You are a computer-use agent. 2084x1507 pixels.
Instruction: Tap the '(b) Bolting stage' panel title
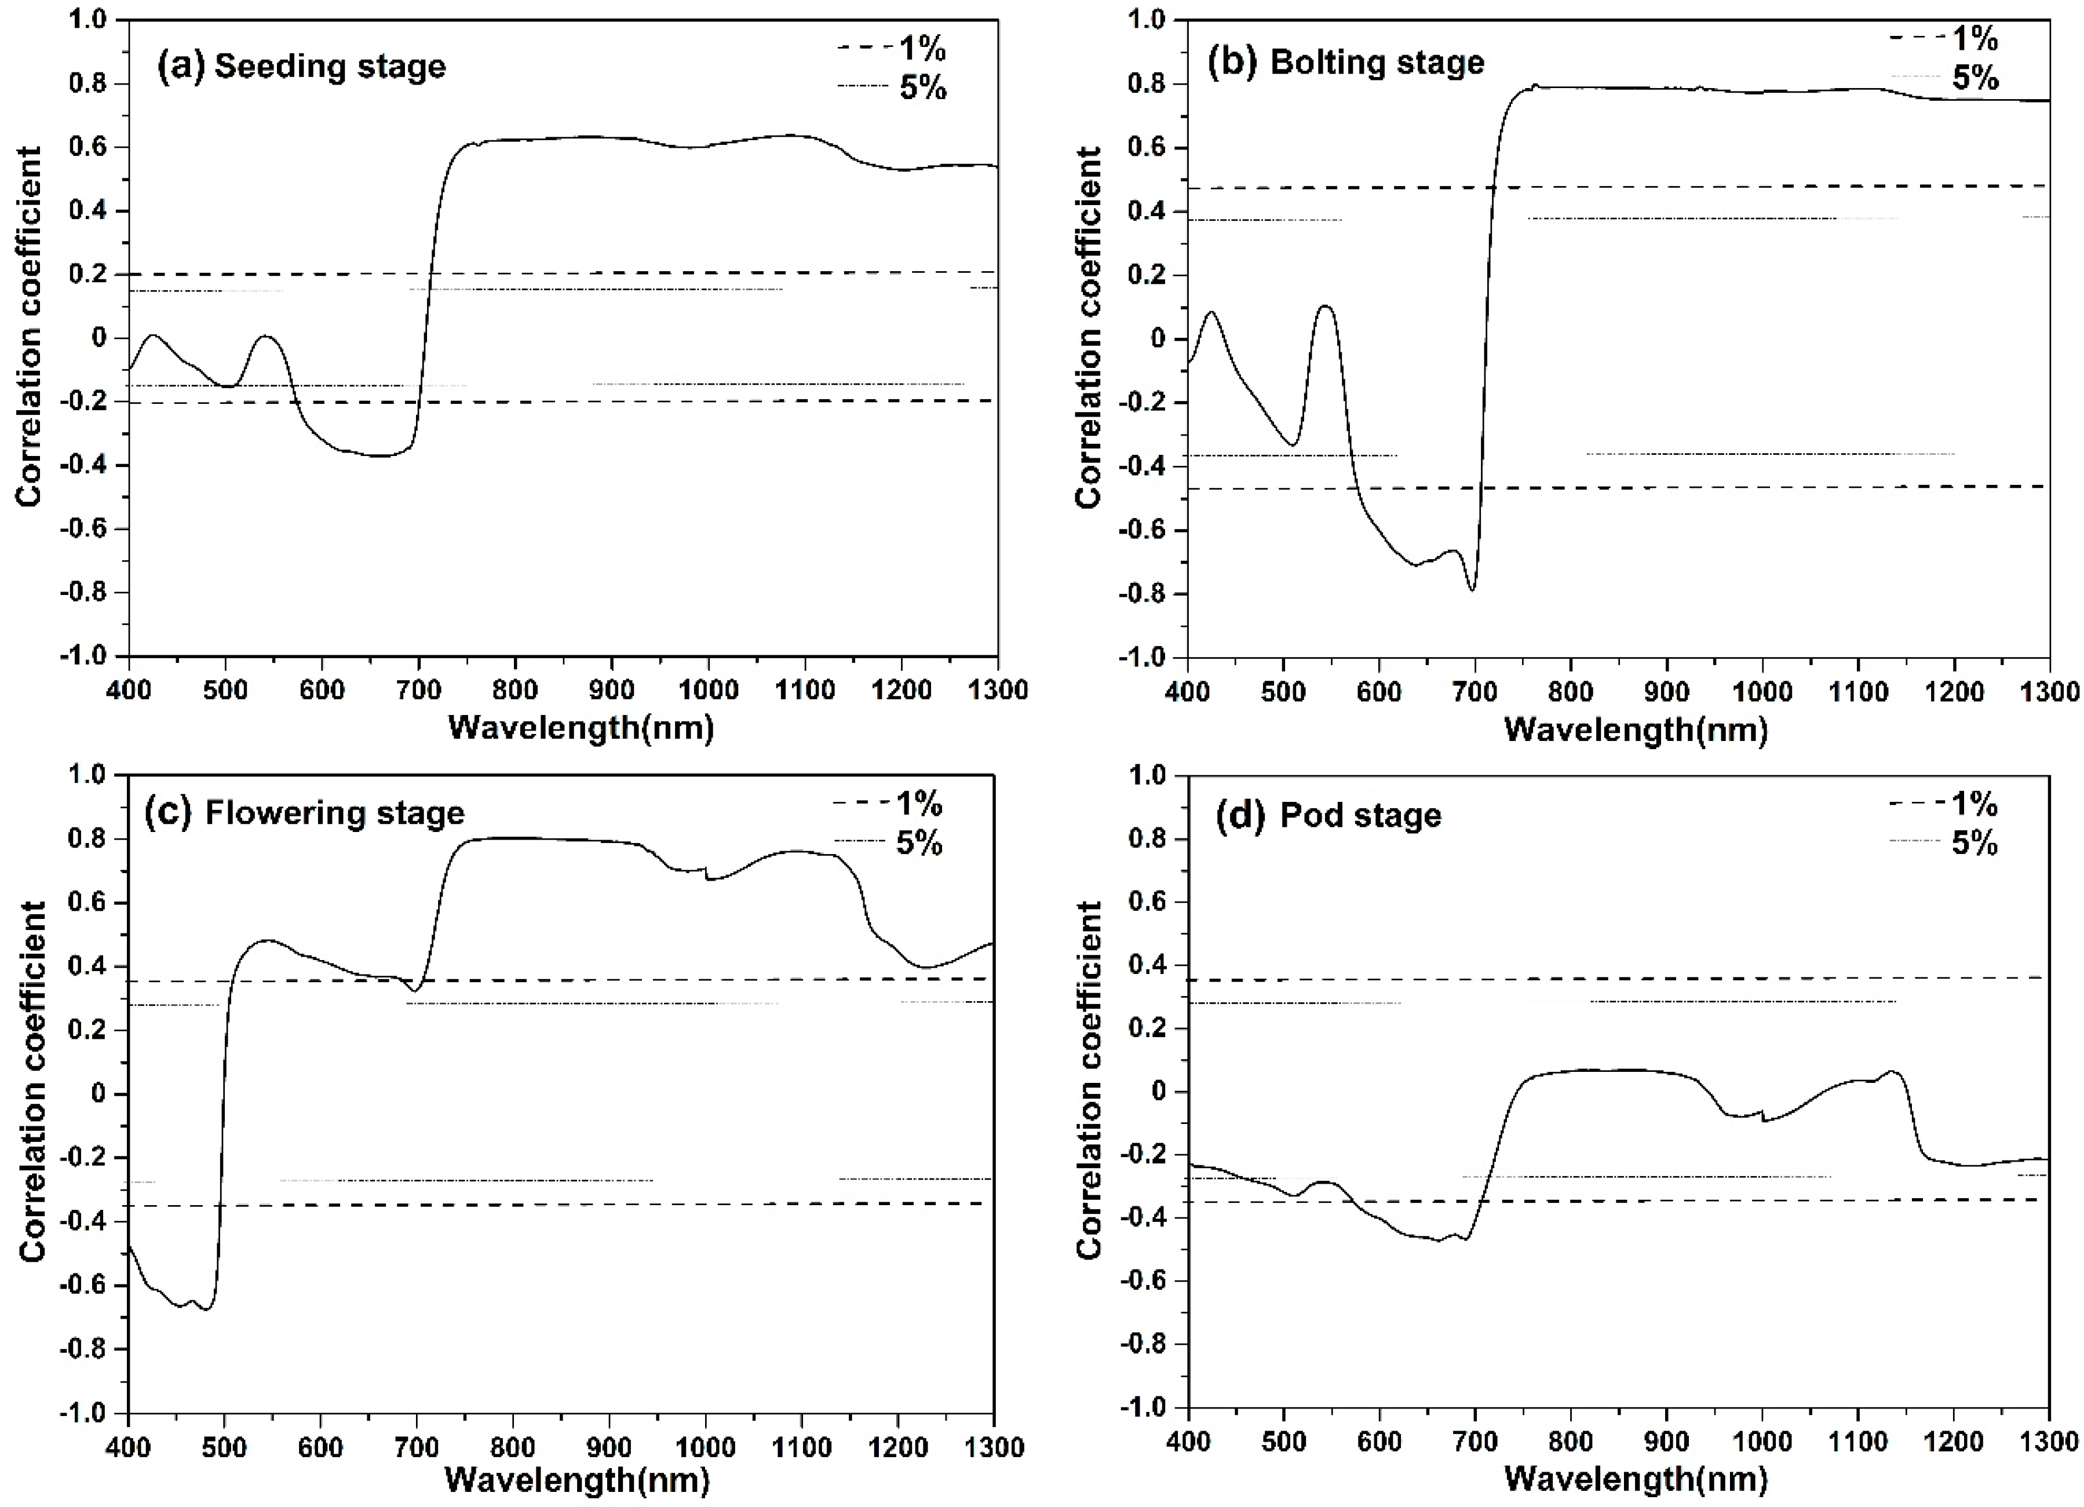coord(1345,63)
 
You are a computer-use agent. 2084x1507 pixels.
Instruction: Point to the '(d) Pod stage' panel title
coord(1328,815)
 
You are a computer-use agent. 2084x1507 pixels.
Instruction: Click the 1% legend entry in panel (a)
coord(891,46)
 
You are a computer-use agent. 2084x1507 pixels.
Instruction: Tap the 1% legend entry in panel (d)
coord(1943,805)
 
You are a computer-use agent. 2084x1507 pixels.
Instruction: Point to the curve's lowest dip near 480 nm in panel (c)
coord(207,1308)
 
